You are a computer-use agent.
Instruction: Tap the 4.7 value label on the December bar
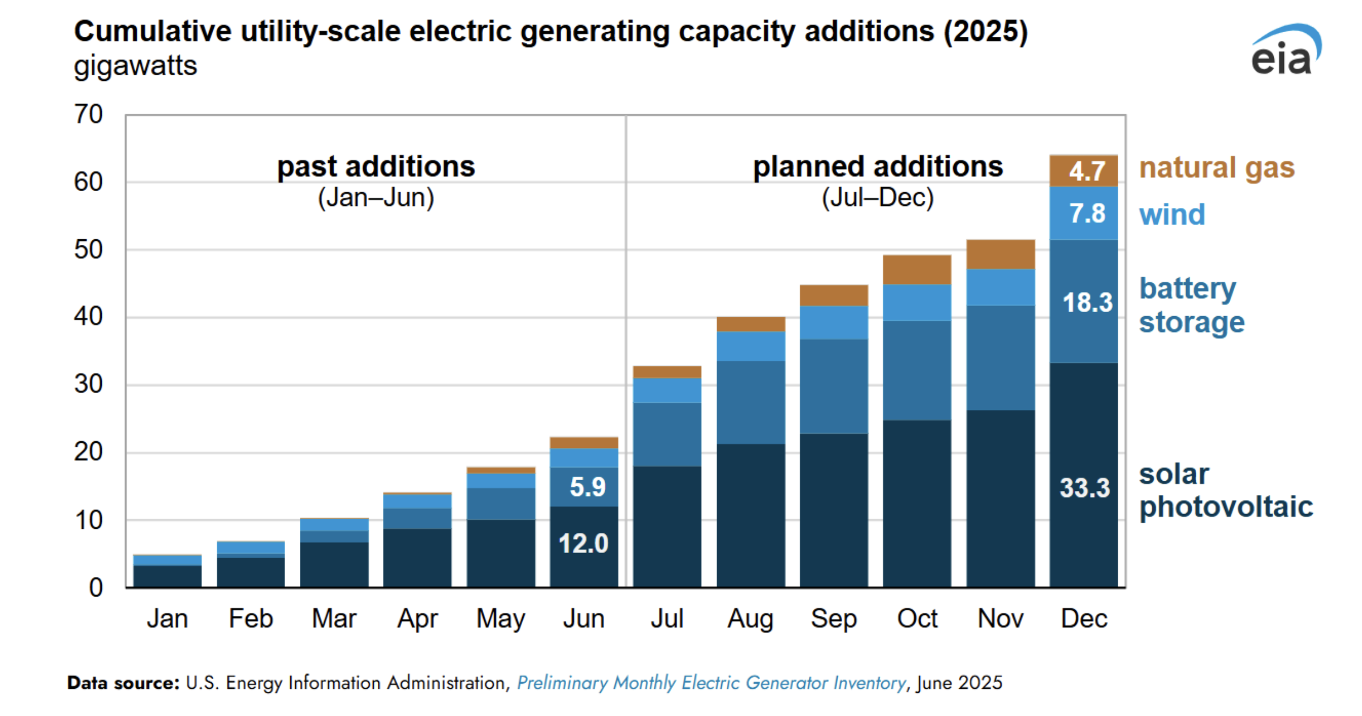pyautogui.click(x=1087, y=171)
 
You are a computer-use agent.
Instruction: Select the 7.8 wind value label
pyautogui.click(x=1087, y=213)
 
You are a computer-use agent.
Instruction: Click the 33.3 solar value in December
pyautogui.click(x=1084, y=488)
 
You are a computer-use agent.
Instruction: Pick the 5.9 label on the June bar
pyautogui.click(x=587, y=486)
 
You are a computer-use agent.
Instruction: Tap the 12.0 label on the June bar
pyautogui.click(x=583, y=544)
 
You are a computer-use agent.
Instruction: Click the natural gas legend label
pyautogui.click(x=1217, y=168)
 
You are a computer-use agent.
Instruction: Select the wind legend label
pyautogui.click(x=1172, y=215)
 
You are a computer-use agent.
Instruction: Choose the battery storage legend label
pyautogui.click(x=1191, y=305)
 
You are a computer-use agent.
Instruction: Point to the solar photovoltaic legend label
pyautogui.click(x=1225, y=490)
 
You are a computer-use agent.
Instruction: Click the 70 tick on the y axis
pyautogui.click(x=88, y=114)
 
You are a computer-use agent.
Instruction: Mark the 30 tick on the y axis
pyautogui.click(x=88, y=385)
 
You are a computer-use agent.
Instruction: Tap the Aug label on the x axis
pyautogui.click(x=750, y=619)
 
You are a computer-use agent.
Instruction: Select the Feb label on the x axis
pyautogui.click(x=251, y=619)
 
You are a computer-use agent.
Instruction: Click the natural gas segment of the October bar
pyautogui.click(x=917, y=270)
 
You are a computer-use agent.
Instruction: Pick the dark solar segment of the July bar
pyautogui.click(x=667, y=526)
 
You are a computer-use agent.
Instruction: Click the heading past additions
pyautogui.click(x=376, y=167)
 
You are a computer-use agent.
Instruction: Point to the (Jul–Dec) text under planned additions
pyautogui.click(x=877, y=198)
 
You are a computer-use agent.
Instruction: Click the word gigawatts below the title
pyautogui.click(x=135, y=66)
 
